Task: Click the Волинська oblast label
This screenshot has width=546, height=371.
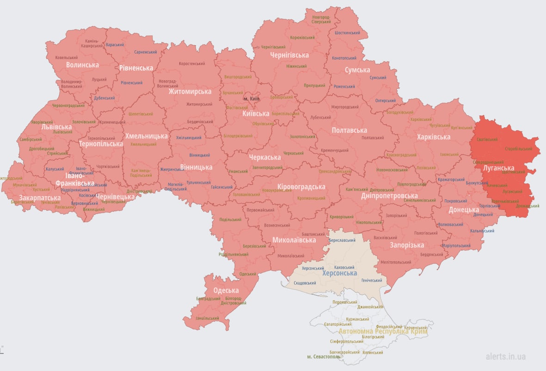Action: [x=82, y=65]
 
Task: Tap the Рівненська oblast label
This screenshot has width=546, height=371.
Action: [x=136, y=68]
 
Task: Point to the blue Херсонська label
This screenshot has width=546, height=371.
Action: [x=339, y=273]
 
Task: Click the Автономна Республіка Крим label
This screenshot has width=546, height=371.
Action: [x=383, y=331]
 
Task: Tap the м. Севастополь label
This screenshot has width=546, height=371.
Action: [x=324, y=357]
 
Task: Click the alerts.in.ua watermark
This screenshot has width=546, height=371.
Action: [x=505, y=356]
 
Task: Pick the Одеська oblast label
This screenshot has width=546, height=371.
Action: [x=226, y=290]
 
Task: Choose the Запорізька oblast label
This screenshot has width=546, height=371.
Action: [x=407, y=245]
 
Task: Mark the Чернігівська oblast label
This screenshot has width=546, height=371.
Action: [x=289, y=55]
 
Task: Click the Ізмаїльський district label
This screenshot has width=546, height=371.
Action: [x=208, y=318]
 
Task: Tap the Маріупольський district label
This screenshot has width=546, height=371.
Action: [x=456, y=245]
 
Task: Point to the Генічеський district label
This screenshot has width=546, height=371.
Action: [x=372, y=281]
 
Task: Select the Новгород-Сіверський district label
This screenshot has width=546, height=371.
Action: [x=321, y=19]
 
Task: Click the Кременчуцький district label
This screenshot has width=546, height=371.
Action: [x=335, y=150]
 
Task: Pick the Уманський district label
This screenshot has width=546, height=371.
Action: [x=238, y=171]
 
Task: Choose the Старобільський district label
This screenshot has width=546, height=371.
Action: [x=518, y=149]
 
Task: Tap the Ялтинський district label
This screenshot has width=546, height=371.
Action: [x=373, y=353]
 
